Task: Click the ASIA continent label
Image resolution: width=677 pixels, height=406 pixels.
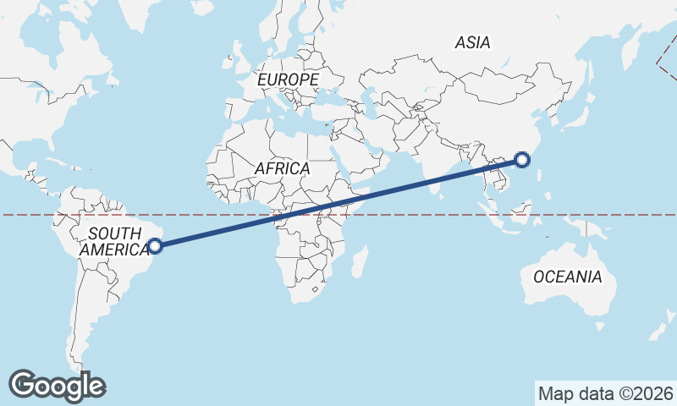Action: pyautogui.click(x=472, y=42)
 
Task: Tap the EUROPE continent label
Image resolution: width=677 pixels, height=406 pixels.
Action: pyautogui.click(x=288, y=80)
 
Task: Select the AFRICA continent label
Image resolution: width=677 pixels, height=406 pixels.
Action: pyautogui.click(x=282, y=168)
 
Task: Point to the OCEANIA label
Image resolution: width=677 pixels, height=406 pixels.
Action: pyautogui.click(x=567, y=277)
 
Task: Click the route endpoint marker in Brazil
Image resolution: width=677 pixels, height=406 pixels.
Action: pyautogui.click(x=155, y=246)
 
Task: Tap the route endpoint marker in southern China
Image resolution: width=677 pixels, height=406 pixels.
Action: pyautogui.click(x=522, y=159)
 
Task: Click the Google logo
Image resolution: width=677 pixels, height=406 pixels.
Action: pyautogui.click(x=58, y=385)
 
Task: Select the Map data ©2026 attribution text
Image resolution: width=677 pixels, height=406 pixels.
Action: pyautogui.click(x=606, y=393)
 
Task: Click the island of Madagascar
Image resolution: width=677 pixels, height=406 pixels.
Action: pyautogui.click(x=359, y=260)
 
